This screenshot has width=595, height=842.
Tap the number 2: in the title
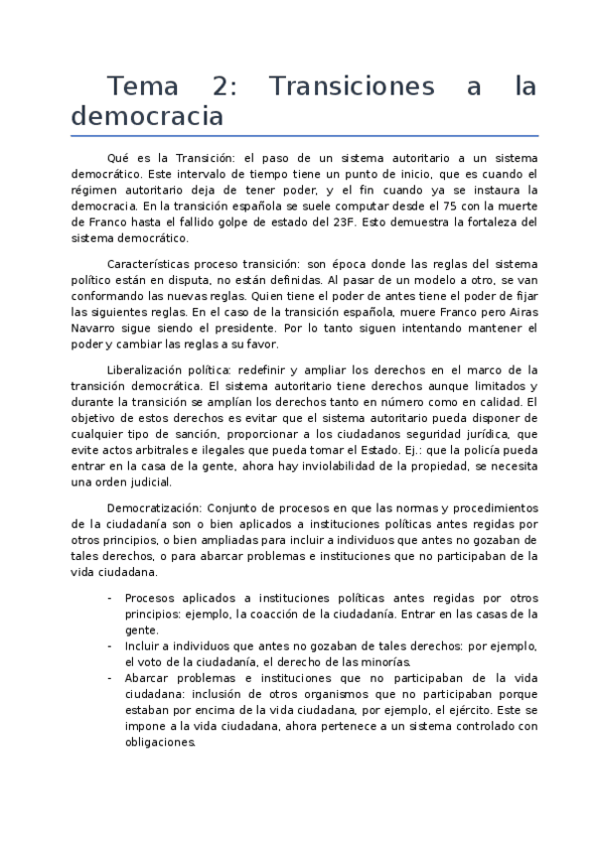click(224, 87)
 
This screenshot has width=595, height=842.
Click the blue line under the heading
click(304, 136)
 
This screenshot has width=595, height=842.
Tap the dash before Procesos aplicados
click(108, 599)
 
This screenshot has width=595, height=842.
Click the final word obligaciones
click(161, 742)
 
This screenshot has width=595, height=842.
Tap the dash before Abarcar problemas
click(108, 678)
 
